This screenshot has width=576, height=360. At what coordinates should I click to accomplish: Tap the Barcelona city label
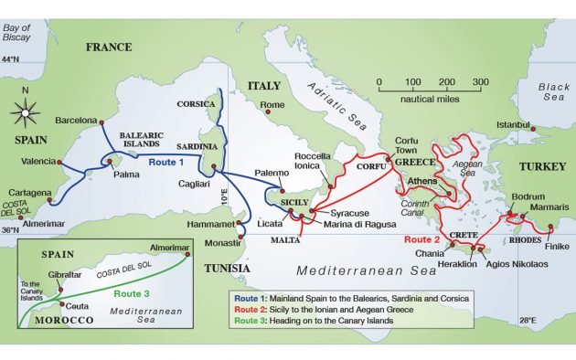tap(75, 120)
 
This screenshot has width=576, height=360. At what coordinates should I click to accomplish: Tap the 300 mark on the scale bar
tap(480, 82)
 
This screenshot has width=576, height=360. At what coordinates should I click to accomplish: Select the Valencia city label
tap(37, 162)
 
